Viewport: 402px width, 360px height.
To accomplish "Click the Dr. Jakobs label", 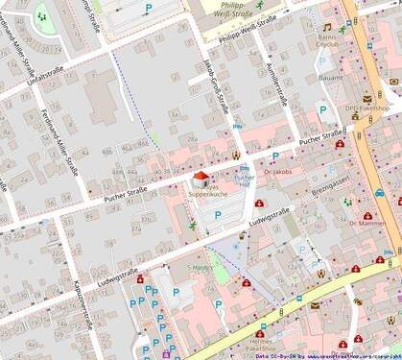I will point(276,172).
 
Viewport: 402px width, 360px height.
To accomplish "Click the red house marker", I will point(201,178).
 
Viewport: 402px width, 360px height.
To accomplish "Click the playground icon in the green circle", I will point(41,14).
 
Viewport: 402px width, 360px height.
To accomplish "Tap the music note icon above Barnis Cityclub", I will point(326,27).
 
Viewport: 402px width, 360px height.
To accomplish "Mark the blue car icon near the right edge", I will point(380,191).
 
